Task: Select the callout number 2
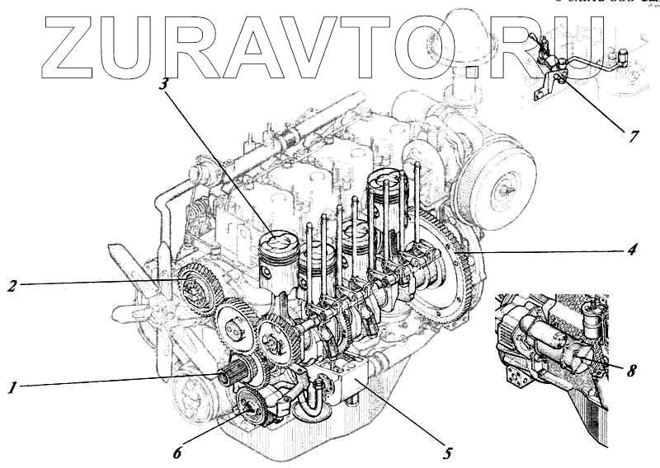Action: click(x=12, y=287)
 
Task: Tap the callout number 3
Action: click(x=165, y=84)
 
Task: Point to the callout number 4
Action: click(x=630, y=248)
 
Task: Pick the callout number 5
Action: click(x=447, y=452)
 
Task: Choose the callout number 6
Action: click(x=177, y=452)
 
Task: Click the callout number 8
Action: click(x=631, y=371)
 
